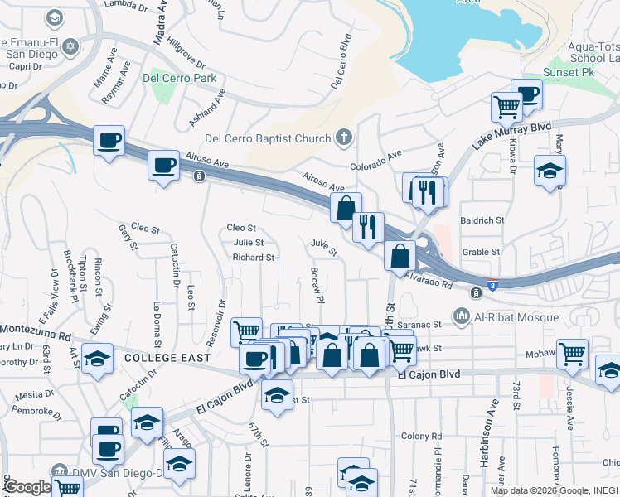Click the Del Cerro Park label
(180, 79)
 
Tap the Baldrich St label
(482, 220)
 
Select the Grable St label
(482, 252)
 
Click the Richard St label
(253, 258)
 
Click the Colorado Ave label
(375, 153)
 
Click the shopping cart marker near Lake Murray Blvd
(506, 106)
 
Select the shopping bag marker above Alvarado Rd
(400, 255)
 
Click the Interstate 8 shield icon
(494, 283)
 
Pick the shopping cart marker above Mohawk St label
(572, 354)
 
